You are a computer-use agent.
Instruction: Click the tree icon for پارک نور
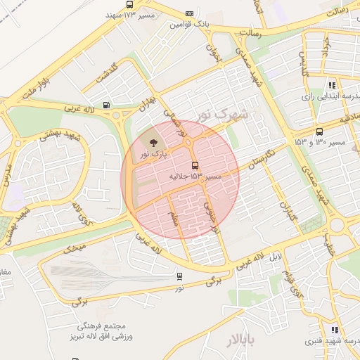click(x=153, y=143)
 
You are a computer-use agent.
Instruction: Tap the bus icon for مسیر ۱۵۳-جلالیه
click(x=195, y=166)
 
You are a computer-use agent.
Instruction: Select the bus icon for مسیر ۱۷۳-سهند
click(x=129, y=4)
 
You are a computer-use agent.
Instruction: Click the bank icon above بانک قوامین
click(x=189, y=13)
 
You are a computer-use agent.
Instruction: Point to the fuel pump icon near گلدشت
click(x=106, y=105)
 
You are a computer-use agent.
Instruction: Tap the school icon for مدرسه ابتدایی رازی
click(x=333, y=85)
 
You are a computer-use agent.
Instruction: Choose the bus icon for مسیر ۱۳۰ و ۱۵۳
click(x=320, y=131)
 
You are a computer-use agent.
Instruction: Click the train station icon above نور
click(x=180, y=276)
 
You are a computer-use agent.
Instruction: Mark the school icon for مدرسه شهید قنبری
click(x=335, y=330)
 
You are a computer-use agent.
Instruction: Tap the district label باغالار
click(x=243, y=342)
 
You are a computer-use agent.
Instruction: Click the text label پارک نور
click(x=154, y=154)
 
